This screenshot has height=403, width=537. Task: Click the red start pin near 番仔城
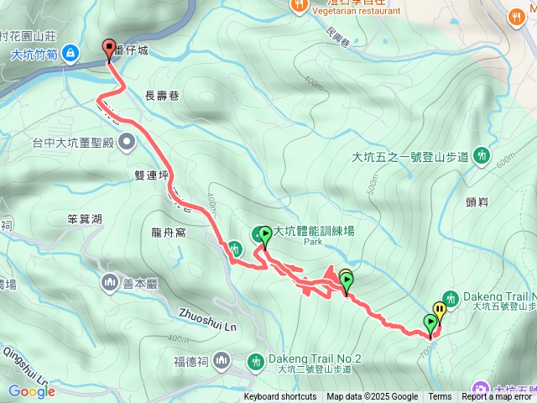(109, 49)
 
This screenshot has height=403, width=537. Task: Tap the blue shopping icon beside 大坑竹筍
(71, 54)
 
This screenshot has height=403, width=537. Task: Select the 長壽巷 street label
(163, 97)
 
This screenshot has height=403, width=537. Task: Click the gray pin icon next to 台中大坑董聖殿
(127, 141)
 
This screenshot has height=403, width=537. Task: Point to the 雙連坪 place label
(150, 175)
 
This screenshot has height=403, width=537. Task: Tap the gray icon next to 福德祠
(222, 360)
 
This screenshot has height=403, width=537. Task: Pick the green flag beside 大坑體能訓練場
(265, 236)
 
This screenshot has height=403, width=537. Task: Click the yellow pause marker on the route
(439, 311)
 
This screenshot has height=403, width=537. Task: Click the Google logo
(31, 391)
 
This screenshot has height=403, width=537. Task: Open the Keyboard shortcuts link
(280, 397)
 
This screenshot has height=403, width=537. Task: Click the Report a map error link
(498, 397)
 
